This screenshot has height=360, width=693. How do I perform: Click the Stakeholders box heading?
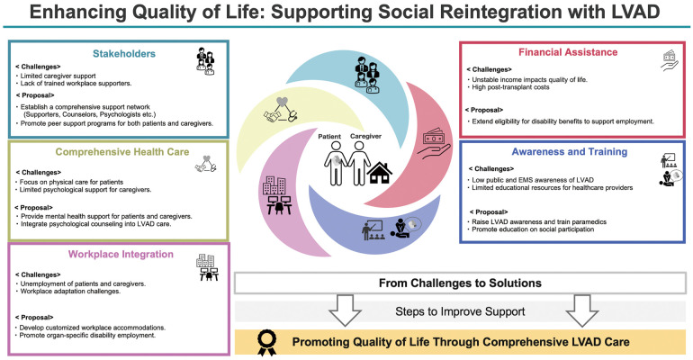124,54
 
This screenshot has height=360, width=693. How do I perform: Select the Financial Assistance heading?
568,52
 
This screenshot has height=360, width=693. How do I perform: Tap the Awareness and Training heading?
569,151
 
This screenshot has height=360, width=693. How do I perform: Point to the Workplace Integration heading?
121,255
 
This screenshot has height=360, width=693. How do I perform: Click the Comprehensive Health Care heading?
122,152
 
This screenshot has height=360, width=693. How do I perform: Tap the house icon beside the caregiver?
379,173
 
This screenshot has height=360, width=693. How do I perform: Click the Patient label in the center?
329,137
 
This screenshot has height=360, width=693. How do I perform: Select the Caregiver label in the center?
365,136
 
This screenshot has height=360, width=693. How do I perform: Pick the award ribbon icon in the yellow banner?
267,343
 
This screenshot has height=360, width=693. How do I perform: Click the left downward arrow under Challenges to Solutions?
345,310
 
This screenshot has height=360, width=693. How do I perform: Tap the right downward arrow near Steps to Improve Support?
582,310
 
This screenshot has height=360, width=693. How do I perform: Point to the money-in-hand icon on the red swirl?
434,143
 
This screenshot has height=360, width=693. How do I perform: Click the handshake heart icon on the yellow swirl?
281,110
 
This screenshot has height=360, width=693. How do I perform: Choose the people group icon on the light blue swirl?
367,75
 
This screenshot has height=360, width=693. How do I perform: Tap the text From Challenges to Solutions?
460,283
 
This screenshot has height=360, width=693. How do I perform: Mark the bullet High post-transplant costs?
510,87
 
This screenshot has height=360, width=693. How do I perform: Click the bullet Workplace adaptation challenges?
70,292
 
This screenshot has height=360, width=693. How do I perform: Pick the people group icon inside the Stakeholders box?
205,61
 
